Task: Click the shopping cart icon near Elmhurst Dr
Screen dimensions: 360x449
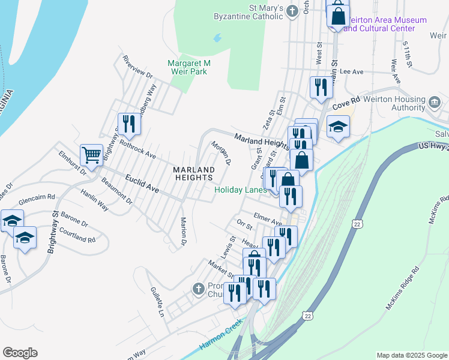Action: tap(92, 155)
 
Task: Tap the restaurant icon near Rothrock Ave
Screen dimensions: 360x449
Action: tap(129, 124)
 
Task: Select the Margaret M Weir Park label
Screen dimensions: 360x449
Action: tap(188, 67)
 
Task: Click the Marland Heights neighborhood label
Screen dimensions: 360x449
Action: tap(193, 173)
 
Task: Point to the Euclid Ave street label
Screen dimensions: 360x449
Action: tap(142, 183)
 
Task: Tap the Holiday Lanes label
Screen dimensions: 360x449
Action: tap(240, 190)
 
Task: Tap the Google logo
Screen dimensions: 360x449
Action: tap(20, 353)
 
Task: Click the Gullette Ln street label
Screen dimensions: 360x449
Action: tap(157, 301)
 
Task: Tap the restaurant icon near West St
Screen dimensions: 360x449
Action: tap(321, 88)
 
